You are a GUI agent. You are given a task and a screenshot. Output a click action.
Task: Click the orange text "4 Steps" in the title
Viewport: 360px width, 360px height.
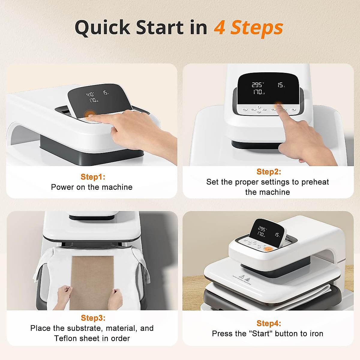(248, 28)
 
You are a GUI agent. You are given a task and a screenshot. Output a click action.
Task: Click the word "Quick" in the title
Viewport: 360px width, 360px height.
(102, 28)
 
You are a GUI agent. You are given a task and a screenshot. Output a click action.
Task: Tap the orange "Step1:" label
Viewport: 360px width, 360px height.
(93, 177)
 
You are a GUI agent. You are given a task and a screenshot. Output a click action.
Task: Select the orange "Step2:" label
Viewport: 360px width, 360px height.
(268, 172)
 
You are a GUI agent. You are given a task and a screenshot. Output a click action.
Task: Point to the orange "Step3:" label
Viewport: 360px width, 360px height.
(93, 318)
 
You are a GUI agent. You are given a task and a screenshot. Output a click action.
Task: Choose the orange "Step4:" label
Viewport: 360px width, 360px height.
(268, 323)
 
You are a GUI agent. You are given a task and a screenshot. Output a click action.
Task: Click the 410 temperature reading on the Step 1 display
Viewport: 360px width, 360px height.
(90, 94)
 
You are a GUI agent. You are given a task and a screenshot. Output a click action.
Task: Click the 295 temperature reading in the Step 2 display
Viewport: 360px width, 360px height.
(257, 85)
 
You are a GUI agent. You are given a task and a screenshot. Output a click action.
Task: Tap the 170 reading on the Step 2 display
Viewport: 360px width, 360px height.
(258, 92)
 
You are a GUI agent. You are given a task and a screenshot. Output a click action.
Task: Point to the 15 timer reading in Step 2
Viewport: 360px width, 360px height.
(280, 85)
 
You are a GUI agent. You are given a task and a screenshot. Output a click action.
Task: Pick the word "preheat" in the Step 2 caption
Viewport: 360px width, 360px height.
(315, 182)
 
